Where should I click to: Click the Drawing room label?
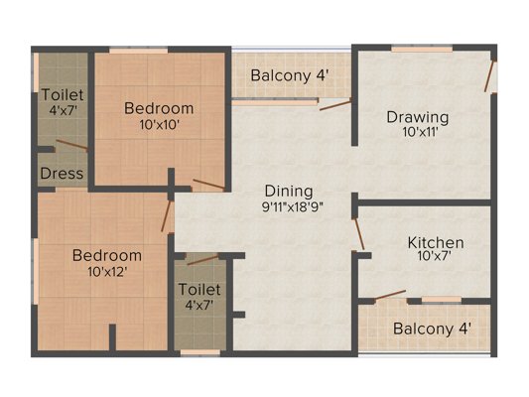(x=418, y=117)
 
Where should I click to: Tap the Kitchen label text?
(x=436, y=243)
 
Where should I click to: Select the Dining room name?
(x=289, y=192)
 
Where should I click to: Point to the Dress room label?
(x=62, y=174)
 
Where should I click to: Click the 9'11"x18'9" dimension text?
(x=293, y=206)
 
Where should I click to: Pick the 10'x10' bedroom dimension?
(x=159, y=125)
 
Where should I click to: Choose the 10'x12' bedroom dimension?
(x=107, y=272)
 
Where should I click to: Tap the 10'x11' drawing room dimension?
(x=420, y=132)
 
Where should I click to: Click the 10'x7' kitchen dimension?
(x=435, y=256)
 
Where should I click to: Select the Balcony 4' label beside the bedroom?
(x=290, y=75)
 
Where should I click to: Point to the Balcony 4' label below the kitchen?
(x=432, y=329)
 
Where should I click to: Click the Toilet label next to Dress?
(x=63, y=94)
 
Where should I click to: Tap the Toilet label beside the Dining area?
(x=199, y=290)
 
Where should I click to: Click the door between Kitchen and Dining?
(x=359, y=234)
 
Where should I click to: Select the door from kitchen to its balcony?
(x=390, y=295)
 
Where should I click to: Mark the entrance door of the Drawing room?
(x=489, y=76)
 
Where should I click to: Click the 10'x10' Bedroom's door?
(x=208, y=184)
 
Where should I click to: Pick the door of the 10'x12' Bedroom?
(x=167, y=216)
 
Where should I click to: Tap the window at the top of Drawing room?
(x=422, y=50)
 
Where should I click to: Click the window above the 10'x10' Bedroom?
(x=139, y=51)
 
